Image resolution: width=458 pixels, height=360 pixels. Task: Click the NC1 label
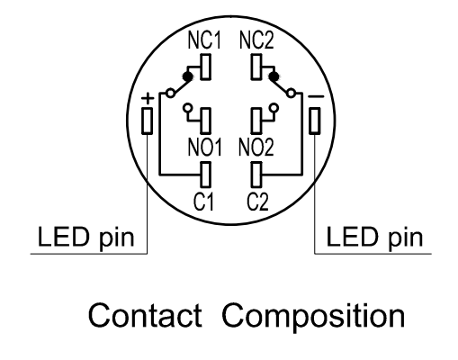coord(204,40)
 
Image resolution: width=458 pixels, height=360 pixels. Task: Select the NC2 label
coord(256,40)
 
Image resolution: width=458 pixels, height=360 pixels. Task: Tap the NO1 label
coord(205,147)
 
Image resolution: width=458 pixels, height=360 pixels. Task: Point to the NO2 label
coord(256,147)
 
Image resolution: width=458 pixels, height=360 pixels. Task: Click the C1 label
coord(204,202)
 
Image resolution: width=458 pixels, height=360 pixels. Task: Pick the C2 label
coord(257,202)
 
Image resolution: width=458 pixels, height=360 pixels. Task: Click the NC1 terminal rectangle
coord(205,67)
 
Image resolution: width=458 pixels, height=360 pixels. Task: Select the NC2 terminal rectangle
coord(256,67)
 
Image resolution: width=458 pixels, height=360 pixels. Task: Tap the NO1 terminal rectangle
coord(205,121)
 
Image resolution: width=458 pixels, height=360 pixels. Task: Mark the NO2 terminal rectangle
coord(256,121)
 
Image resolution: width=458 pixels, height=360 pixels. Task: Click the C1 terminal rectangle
coord(205,175)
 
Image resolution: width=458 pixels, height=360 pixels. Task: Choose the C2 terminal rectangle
coord(256,175)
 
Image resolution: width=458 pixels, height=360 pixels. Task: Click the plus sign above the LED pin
coord(148,98)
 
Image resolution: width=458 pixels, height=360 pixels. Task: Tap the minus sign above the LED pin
coord(316,96)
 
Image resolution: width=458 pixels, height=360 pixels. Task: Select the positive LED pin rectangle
coord(147,121)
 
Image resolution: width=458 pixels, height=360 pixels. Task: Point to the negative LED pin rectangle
coord(315,121)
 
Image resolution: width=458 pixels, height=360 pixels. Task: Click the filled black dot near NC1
coord(188,76)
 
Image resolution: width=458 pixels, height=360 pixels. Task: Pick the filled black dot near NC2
coord(274,76)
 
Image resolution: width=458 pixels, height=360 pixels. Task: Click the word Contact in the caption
coord(145,315)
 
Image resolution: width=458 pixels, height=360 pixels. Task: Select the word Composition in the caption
coord(313,318)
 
